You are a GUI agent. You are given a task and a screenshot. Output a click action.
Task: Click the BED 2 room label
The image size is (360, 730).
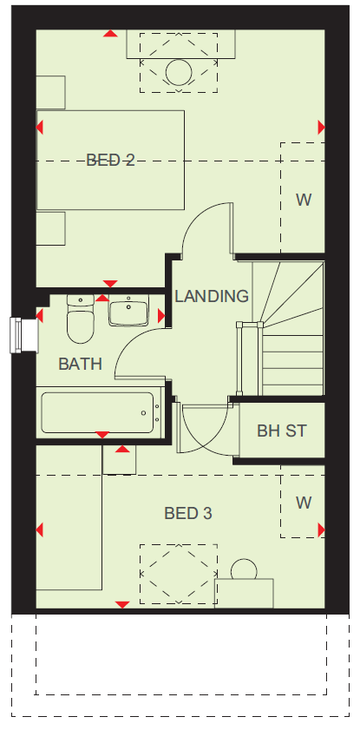(110, 161)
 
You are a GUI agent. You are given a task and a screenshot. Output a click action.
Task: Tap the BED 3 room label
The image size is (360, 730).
(188, 514)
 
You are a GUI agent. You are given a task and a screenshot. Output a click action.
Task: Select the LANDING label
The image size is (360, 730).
(212, 296)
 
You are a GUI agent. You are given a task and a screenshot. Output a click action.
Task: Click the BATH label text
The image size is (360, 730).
(80, 364)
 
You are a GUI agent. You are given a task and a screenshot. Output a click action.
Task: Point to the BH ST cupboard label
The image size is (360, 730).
(282, 431)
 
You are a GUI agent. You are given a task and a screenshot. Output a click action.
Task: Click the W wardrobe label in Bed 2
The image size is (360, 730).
(304, 200)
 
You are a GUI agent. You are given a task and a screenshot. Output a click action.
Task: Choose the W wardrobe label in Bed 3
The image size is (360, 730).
(304, 503)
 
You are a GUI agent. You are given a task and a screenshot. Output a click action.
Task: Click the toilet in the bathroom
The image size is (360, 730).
(81, 319)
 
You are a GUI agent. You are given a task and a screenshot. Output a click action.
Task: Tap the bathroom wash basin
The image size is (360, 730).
(128, 310)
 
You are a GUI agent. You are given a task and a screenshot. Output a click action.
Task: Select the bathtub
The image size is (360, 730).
(99, 412)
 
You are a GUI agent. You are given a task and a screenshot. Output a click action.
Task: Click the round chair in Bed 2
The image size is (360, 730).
(179, 72)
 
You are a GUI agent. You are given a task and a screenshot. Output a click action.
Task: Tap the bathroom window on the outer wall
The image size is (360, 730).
(23, 335)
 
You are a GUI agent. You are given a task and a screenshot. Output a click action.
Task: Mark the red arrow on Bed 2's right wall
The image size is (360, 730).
(321, 127)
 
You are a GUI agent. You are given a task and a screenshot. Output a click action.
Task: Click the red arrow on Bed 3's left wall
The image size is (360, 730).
(40, 529)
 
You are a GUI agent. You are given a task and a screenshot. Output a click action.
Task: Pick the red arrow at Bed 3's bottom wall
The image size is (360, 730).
(122, 604)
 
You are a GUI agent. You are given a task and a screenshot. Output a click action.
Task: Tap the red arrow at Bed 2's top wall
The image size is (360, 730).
(111, 33)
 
